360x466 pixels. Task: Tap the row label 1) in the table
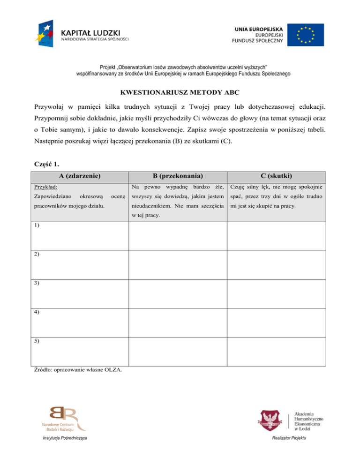[37, 225]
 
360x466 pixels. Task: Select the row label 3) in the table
[37, 283]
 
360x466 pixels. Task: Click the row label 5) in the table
[37, 341]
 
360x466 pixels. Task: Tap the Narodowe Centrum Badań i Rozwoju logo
[64, 418]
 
